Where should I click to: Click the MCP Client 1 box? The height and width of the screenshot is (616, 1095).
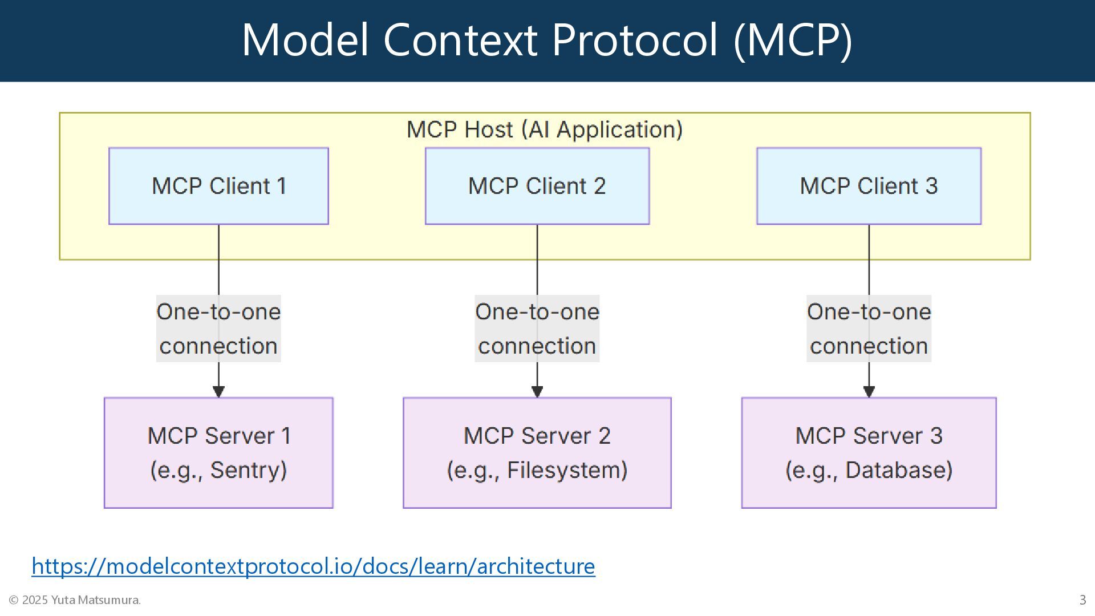click(218, 186)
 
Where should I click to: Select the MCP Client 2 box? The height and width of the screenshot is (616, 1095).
click(537, 186)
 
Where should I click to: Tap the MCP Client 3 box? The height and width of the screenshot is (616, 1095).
click(869, 186)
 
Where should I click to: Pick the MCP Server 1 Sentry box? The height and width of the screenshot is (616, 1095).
click(218, 453)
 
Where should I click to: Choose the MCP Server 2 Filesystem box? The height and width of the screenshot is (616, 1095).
click(537, 453)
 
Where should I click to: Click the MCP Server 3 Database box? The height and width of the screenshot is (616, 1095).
click(869, 453)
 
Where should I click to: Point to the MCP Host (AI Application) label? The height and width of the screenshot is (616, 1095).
click(545, 130)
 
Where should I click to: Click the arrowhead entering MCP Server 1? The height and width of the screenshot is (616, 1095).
click(218, 391)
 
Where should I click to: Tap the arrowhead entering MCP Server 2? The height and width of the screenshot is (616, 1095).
click(537, 391)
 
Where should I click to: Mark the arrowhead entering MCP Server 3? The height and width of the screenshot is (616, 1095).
click(869, 391)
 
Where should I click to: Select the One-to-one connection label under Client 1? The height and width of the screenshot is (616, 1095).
click(218, 329)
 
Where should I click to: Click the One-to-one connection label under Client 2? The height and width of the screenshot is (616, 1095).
click(537, 329)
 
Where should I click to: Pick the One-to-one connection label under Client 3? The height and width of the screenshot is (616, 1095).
click(869, 329)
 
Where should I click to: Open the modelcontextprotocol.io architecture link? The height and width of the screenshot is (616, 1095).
click(313, 566)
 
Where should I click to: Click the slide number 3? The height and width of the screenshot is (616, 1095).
click(1082, 600)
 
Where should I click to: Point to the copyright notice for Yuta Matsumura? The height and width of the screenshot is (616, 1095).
click(75, 600)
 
